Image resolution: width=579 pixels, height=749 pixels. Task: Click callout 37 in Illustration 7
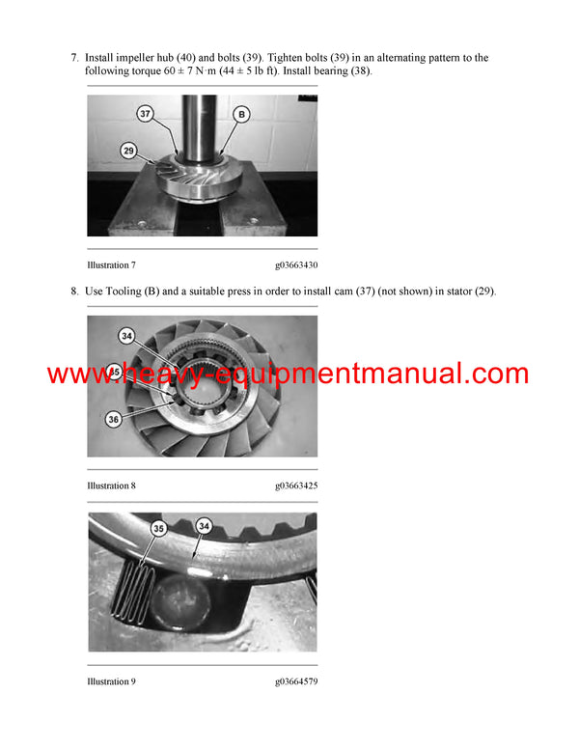point(146,115)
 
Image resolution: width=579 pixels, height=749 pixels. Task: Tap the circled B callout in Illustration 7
point(241,115)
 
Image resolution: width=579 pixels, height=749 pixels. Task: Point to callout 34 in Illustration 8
point(126,336)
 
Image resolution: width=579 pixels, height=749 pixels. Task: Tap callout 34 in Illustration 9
point(204,525)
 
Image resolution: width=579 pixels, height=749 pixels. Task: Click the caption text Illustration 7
point(111,264)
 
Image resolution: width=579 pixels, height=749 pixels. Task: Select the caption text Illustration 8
point(111,485)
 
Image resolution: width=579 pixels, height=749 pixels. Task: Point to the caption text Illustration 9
point(111,682)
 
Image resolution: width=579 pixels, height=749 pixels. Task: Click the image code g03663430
point(296,264)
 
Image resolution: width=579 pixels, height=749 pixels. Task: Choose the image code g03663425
point(296,485)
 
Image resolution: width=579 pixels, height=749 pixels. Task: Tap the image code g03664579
point(296,682)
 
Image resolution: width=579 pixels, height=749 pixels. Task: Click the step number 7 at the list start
point(74,58)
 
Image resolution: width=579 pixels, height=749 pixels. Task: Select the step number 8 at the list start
point(74,291)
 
